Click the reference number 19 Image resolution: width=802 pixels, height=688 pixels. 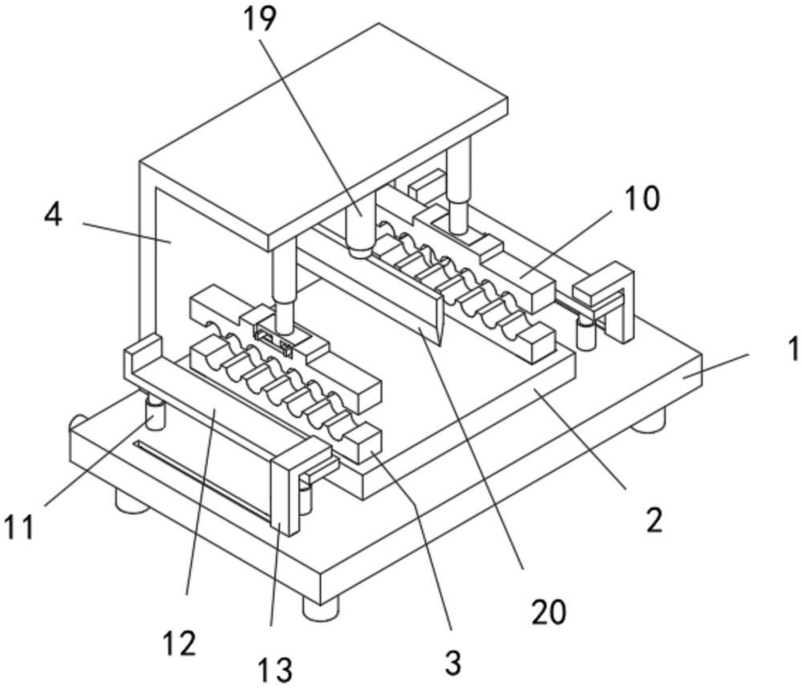(x=259, y=19)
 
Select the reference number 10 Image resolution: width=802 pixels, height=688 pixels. (x=643, y=199)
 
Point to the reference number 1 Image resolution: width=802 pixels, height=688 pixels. (x=793, y=350)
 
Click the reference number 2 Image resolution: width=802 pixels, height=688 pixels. (x=654, y=520)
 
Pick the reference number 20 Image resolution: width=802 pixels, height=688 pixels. (x=549, y=612)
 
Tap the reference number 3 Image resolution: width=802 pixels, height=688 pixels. (x=453, y=663)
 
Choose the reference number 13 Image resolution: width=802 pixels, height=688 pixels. (x=274, y=670)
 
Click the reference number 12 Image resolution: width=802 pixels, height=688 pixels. (x=180, y=643)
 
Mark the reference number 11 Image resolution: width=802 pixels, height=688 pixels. (x=19, y=527)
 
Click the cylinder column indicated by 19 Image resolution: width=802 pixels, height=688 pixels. (x=361, y=225)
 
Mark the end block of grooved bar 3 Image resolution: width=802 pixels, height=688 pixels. (x=363, y=443)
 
